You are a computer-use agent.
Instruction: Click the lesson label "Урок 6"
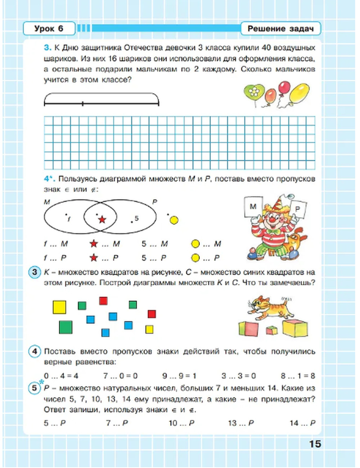(x=49, y=28)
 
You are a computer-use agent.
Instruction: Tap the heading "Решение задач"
(x=280, y=29)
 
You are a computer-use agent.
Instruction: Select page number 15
(x=315, y=444)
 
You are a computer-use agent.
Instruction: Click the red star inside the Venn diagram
(x=102, y=219)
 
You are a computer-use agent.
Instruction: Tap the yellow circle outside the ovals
(x=174, y=220)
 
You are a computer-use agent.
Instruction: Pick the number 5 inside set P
(x=136, y=218)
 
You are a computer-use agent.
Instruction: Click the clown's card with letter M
(x=253, y=206)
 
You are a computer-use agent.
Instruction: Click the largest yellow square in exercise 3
(x=59, y=307)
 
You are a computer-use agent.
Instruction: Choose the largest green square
(x=66, y=327)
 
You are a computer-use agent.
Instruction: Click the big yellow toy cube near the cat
(x=295, y=327)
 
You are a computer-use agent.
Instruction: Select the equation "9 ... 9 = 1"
(x=179, y=376)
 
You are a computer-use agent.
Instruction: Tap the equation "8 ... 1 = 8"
(x=298, y=376)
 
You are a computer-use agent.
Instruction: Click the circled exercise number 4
(x=35, y=351)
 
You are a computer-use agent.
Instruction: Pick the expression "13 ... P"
(x=240, y=423)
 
